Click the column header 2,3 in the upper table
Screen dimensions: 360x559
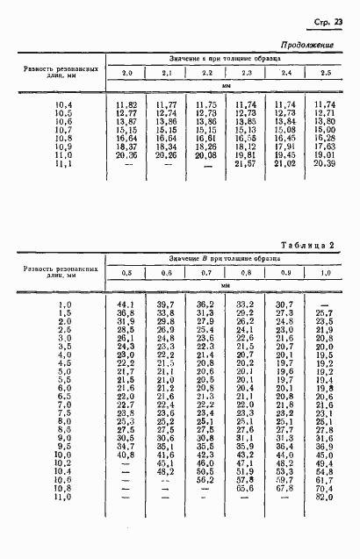[x=247, y=73]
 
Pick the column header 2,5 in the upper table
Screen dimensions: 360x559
[x=325, y=73]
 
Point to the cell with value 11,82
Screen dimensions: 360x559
[x=128, y=104]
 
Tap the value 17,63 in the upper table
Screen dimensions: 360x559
[x=325, y=146]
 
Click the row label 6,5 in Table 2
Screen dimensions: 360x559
[x=62, y=396]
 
